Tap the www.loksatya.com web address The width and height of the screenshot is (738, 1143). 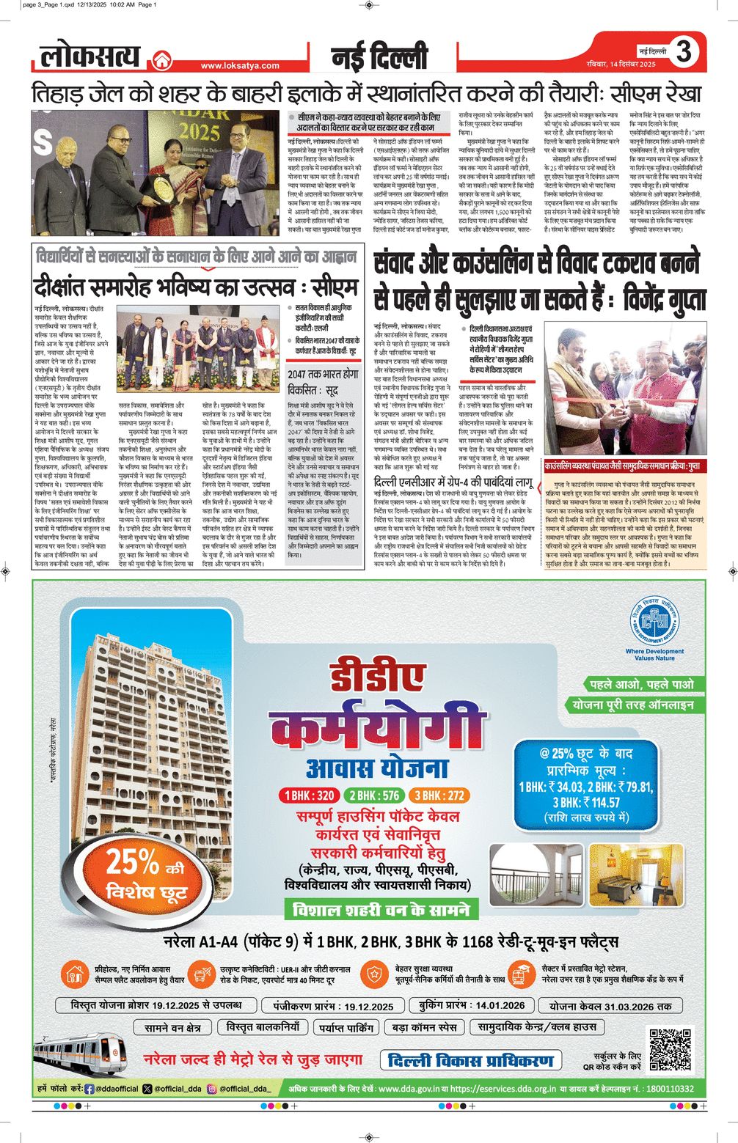(x=240, y=65)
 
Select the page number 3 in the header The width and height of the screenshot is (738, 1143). (x=684, y=51)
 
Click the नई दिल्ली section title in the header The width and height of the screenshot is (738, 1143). (x=379, y=56)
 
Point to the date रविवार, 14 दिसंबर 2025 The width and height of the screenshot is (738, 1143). (x=621, y=65)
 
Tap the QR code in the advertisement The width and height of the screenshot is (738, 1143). (x=671, y=1048)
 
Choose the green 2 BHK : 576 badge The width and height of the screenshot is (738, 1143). (x=374, y=795)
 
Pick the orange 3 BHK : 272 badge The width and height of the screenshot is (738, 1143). (x=439, y=795)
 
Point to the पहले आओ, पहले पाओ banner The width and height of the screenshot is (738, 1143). (x=642, y=684)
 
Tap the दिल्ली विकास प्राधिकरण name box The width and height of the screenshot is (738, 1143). (x=471, y=1060)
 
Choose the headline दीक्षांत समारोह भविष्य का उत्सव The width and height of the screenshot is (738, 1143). (x=196, y=287)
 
